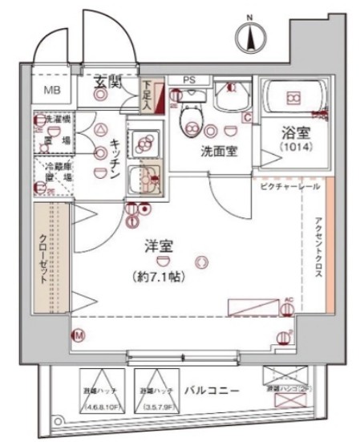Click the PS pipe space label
click(x=188, y=79)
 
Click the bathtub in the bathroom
click(x=294, y=99)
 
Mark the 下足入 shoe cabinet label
click(x=148, y=95)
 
